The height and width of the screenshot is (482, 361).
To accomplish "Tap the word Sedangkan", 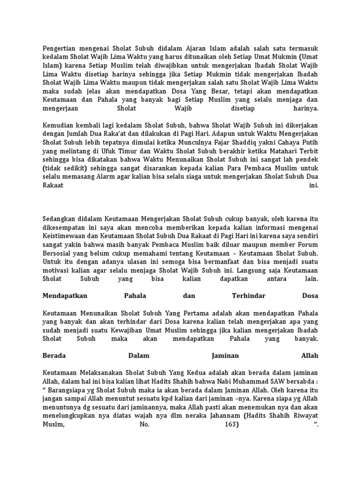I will (59, 219).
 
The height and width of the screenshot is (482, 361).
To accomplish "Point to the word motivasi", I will (57, 269).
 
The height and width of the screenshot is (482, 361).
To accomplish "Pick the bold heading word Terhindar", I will (249, 296).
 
